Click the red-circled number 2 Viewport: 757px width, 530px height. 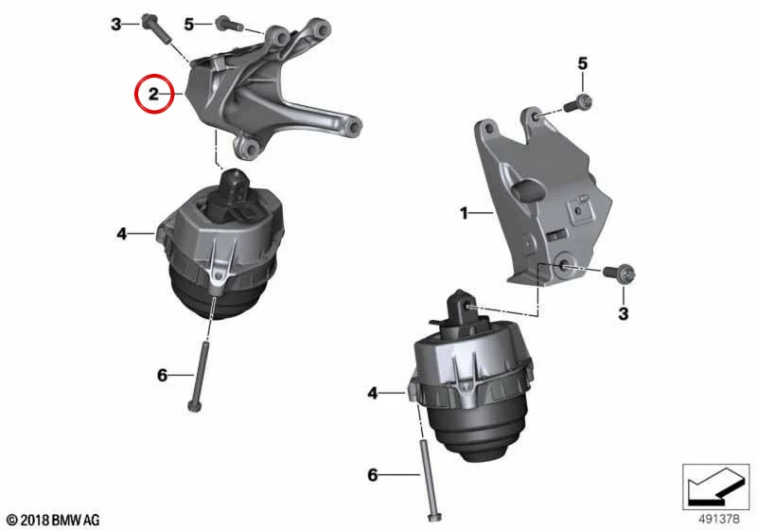[153, 94]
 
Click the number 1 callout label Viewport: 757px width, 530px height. [464, 212]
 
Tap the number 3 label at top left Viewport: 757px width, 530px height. [115, 24]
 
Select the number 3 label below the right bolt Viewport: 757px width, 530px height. [624, 314]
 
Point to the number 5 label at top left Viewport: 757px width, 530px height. [188, 24]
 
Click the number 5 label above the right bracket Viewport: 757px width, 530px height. [583, 63]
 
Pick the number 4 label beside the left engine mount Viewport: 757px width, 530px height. [122, 234]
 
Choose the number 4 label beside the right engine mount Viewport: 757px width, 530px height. [372, 394]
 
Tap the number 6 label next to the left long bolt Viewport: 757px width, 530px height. [162, 375]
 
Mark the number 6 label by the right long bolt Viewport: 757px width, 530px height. [372, 475]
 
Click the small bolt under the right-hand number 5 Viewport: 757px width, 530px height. [578, 103]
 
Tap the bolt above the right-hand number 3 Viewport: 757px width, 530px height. [619, 274]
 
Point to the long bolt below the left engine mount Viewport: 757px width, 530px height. [199, 377]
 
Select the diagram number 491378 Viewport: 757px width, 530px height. [719, 520]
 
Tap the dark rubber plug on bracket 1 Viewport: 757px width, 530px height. [528, 189]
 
